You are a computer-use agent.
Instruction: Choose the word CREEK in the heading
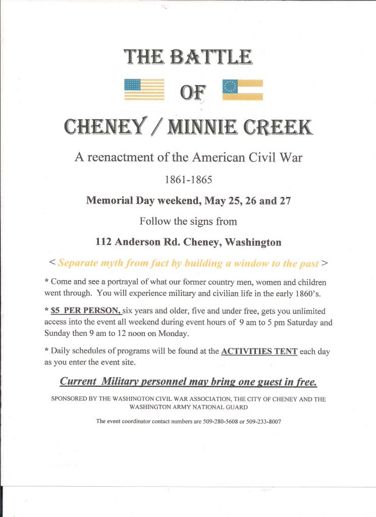(x=280, y=127)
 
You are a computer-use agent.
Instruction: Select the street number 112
(x=103, y=242)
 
